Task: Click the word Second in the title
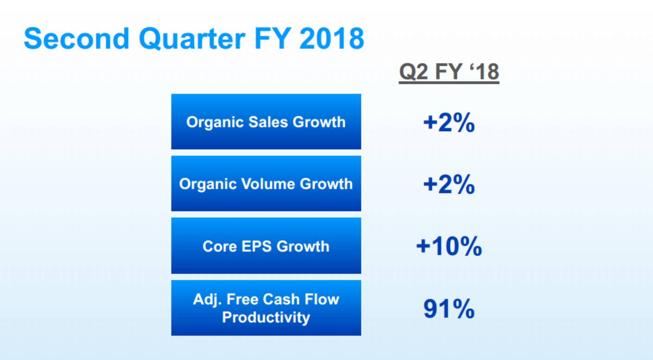pos(76,38)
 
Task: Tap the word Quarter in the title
pos(192,39)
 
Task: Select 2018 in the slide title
pos(332,38)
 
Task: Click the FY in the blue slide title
pos(273,38)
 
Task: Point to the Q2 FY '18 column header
pos(449,72)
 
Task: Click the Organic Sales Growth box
pos(266,121)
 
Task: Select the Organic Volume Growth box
pos(266,183)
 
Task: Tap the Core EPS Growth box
pos(266,246)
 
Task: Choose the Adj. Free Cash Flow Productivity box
pos(266,308)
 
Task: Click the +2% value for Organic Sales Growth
pos(449,122)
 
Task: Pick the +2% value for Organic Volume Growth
pos(449,184)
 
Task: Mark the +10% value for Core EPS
pos(449,246)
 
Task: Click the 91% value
pos(449,309)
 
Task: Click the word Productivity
pos(266,317)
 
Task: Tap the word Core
pos(220,246)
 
